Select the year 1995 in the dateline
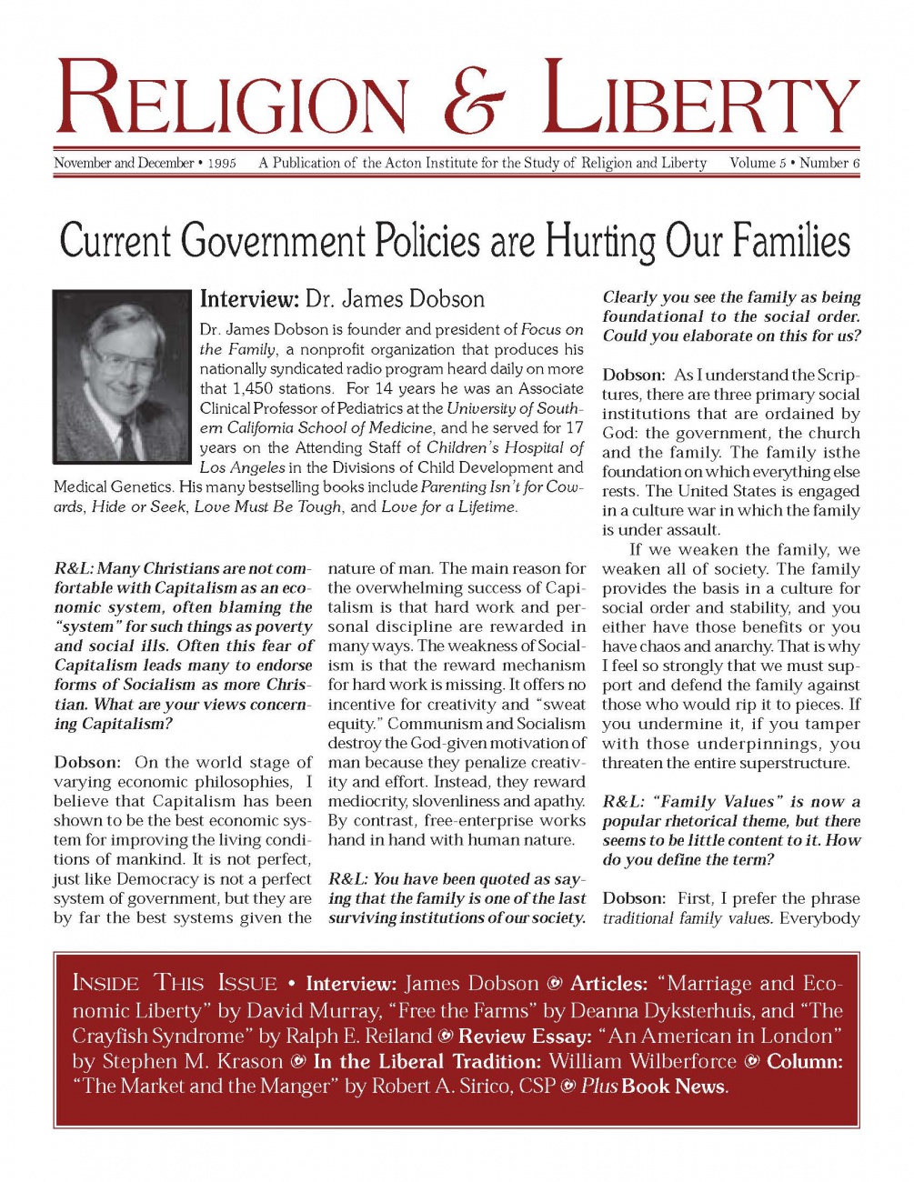click(222, 165)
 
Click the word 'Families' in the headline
click(790, 242)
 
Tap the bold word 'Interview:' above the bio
click(249, 299)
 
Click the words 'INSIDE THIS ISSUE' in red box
click(175, 984)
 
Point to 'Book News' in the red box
click(674, 1087)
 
